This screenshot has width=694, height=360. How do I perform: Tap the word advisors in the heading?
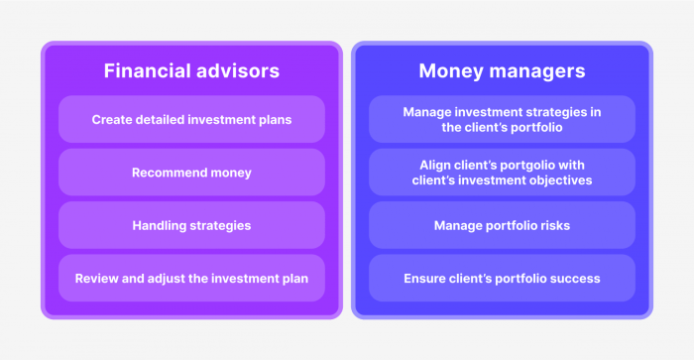click(x=235, y=71)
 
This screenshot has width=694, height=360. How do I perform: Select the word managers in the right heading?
click(x=540, y=71)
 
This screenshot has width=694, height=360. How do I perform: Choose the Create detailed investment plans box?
click(x=191, y=119)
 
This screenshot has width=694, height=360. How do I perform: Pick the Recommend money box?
click(x=191, y=173)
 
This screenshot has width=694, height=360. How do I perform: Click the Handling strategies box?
click(x=191, y=225)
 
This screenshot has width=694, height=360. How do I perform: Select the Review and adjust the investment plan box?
click(x=191, y=279)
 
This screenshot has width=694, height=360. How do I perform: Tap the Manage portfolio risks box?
click(x=502, y=225)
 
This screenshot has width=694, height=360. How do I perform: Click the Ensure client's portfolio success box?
click(x=502, y=279)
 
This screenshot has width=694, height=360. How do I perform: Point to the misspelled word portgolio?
click(x=522, y=165)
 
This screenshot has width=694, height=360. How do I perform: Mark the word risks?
click(x=552, y=225)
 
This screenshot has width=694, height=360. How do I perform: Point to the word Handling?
click(x=159, y=225)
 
